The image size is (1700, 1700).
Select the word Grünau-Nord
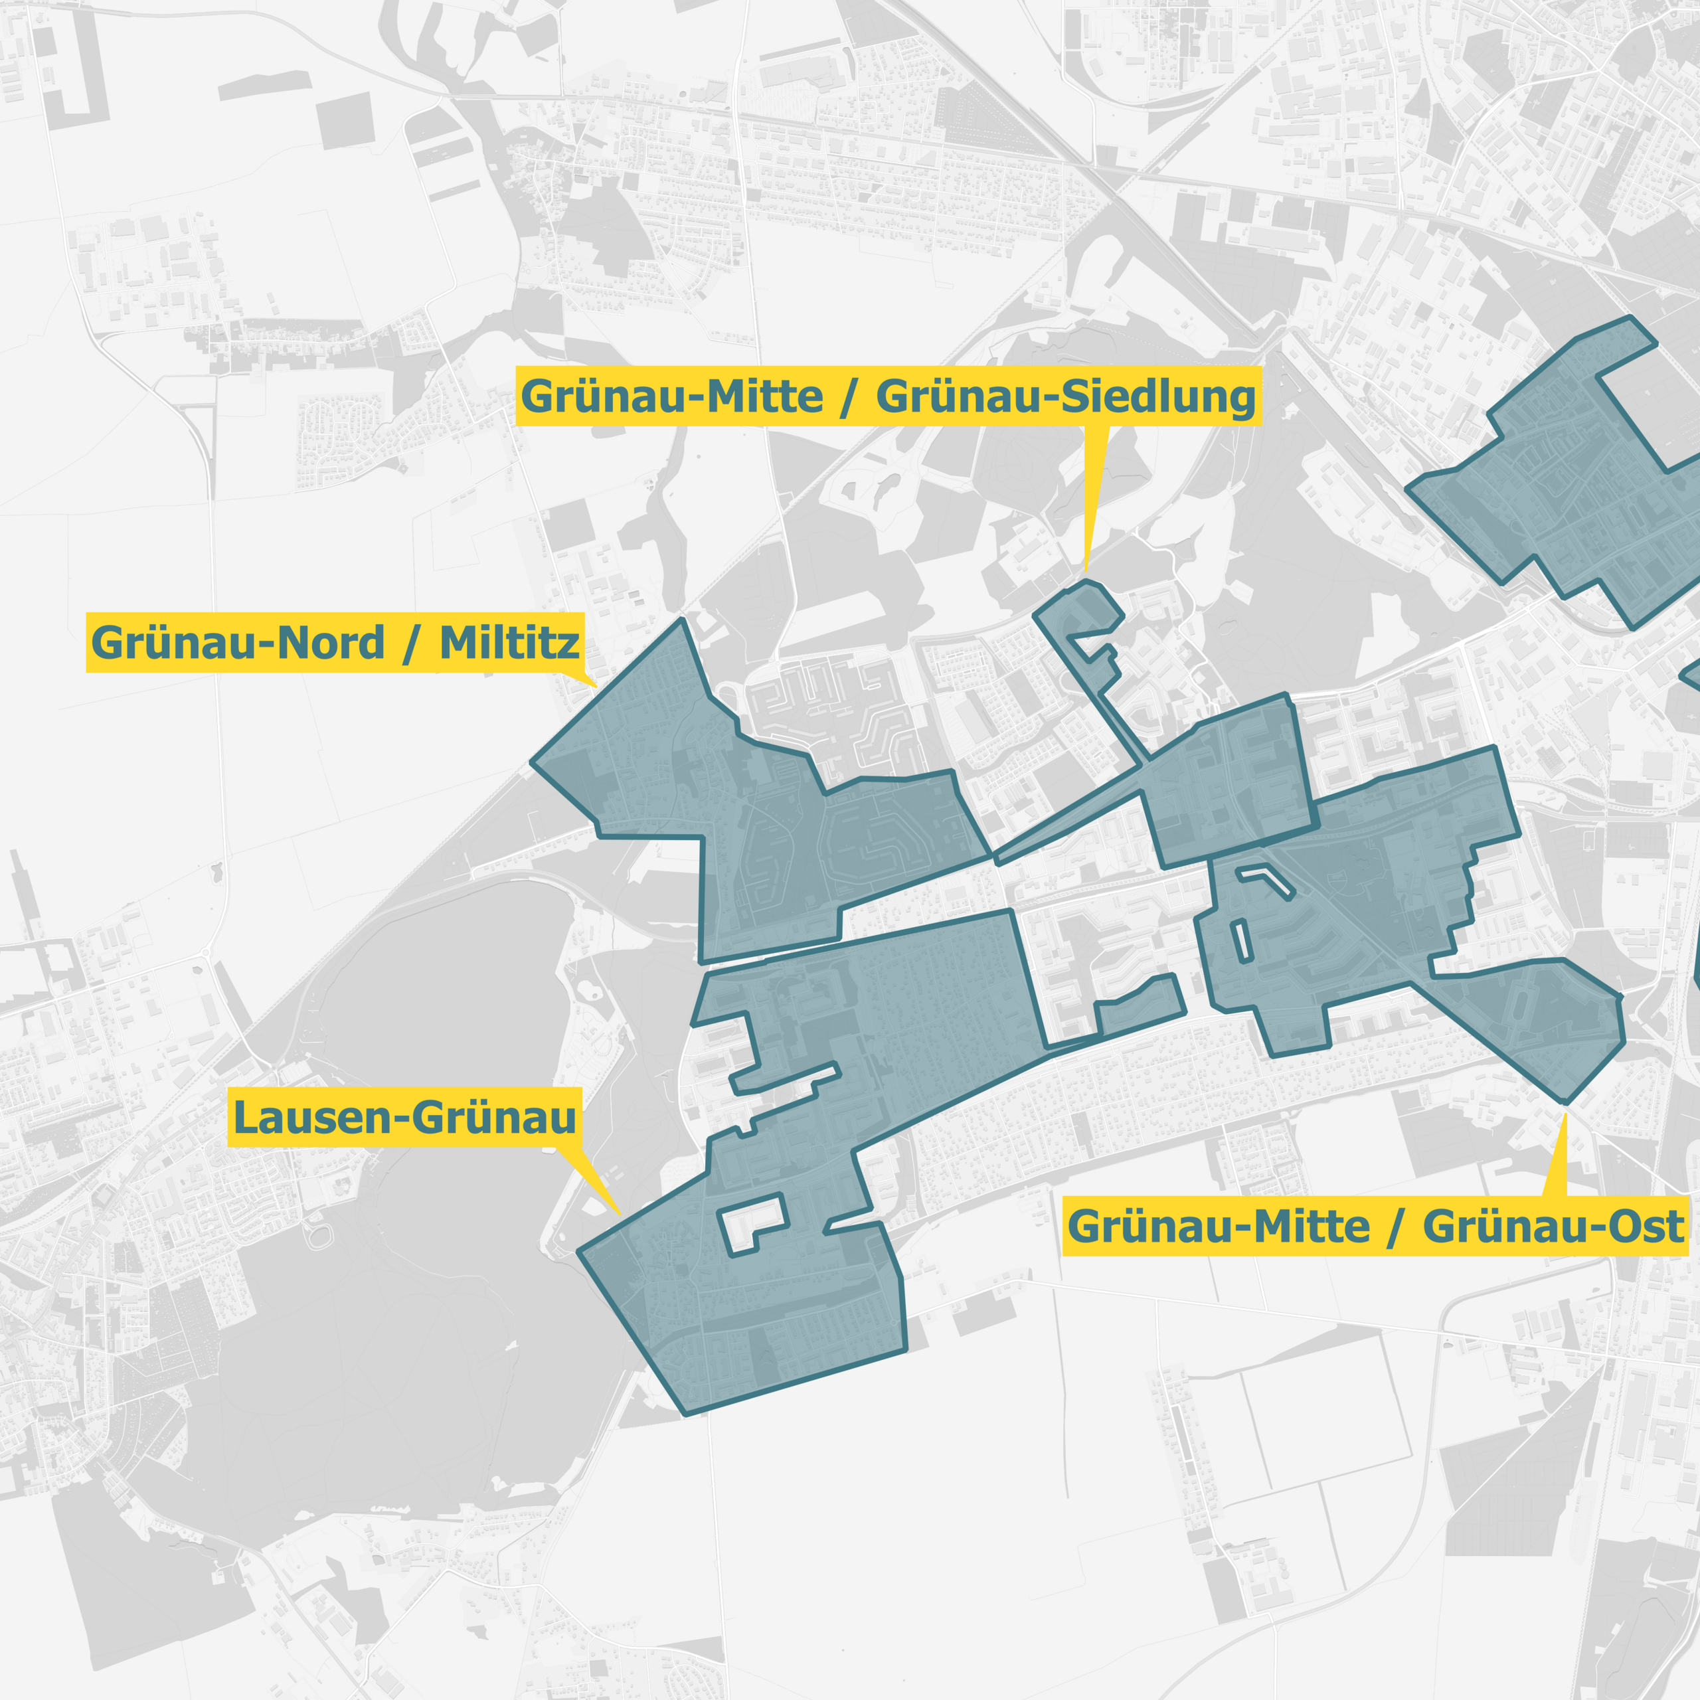coord(238,643)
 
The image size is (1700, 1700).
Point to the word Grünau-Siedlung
coord(1066,397)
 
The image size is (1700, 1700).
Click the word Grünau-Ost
coord(1553,1227)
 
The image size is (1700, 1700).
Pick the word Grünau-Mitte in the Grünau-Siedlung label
coord(672,397)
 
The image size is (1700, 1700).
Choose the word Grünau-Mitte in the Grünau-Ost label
coord(1219,1227)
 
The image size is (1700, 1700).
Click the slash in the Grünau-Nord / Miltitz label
coord(410,644)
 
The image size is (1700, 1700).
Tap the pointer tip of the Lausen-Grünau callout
coord(620,1215)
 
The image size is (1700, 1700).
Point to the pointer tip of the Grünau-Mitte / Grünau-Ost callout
coord(1565,1114)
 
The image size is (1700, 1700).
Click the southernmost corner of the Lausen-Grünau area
coord(687,1414)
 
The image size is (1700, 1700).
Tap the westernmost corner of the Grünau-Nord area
coord(531,763)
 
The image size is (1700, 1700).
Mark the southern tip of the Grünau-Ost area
coord(1564,1102)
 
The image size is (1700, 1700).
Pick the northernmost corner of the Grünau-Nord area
coord(682,620)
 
